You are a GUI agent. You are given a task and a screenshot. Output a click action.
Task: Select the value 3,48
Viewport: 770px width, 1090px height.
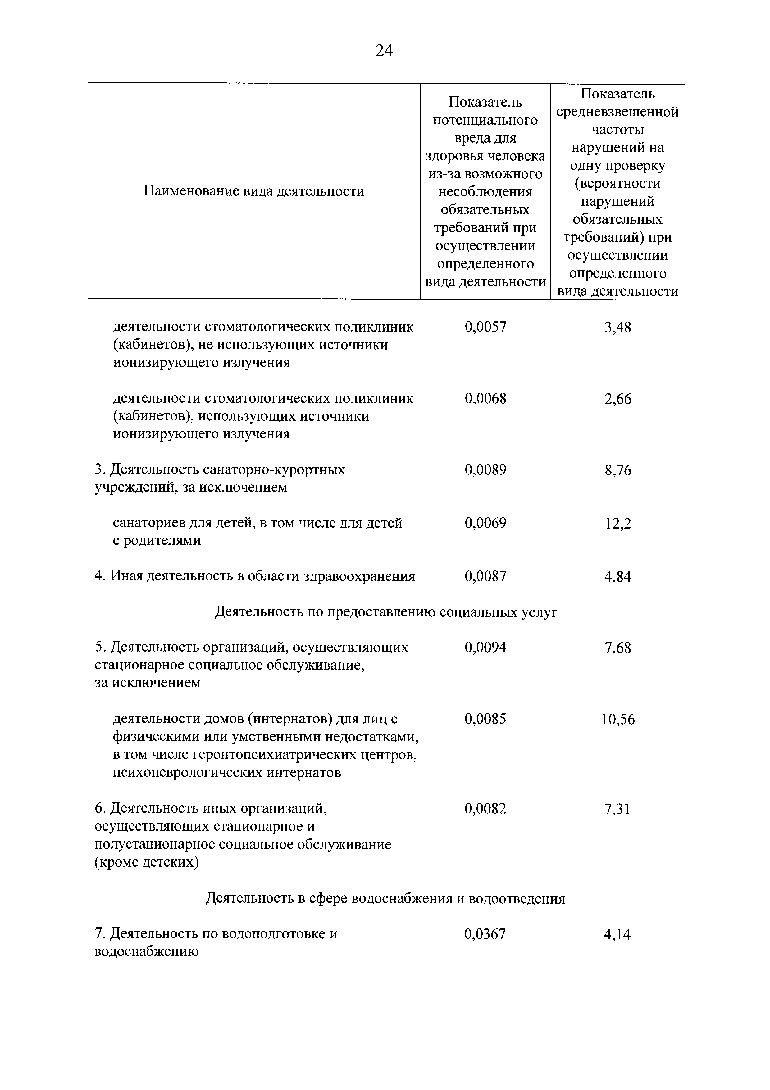coord(618,327)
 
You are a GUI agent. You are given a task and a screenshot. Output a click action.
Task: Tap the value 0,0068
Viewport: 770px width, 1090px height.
coord(485,398)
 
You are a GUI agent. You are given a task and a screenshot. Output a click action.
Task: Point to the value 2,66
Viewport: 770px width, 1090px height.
coord(618,399)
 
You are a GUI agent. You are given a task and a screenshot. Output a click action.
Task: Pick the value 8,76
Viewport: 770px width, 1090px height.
coord(618,470)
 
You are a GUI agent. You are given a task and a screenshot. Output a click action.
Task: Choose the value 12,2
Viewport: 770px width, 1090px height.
coord(618,523)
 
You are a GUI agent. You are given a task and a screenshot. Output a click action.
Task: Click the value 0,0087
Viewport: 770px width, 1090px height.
coord(485,576)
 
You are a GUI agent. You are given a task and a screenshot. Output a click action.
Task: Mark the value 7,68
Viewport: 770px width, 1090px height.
coord(618,648)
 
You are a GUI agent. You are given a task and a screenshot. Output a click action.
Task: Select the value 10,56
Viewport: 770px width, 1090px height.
coord(618,719)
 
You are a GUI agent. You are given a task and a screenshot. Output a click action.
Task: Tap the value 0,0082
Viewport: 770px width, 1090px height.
coord(485,808)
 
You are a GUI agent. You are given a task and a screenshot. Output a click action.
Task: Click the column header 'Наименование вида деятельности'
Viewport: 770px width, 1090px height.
coord(254,191)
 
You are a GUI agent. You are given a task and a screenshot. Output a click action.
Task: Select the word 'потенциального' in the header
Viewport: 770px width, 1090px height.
coord(485,120)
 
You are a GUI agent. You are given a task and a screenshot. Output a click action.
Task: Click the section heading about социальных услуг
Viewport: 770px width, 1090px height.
coord(386,612)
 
